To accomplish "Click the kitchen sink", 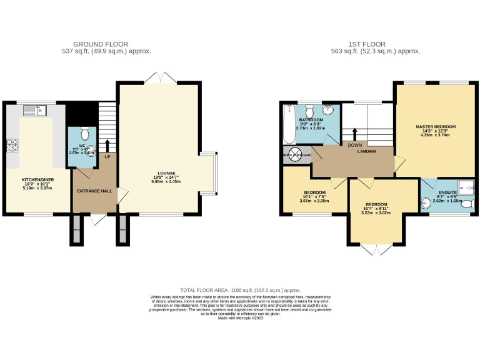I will pos(32,111).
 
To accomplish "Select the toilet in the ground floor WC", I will pos(86,132).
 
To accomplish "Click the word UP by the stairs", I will pos(107,157).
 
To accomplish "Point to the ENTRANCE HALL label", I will pos(94,191).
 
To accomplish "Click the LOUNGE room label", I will pos(166,173).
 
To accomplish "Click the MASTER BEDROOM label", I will pos(436,127).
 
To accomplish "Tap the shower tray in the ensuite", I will pos(466,184).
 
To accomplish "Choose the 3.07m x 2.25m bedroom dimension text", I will pos(314,201).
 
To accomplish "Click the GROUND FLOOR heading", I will pos(101,44).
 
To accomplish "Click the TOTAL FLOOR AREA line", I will pos(241,291).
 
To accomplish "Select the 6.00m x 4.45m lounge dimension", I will pos(166,182).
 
